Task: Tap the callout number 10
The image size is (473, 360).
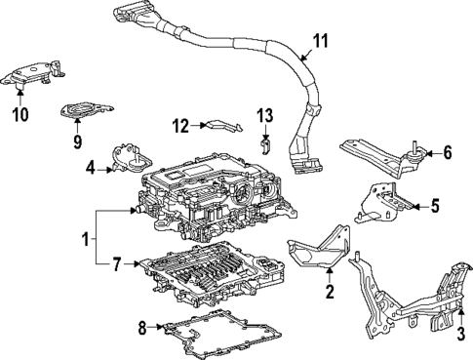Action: click(20, 114)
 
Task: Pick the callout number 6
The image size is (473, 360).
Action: click(447, 152)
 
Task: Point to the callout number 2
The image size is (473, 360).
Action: click(329, 290)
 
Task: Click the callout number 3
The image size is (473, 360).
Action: click(459, 336)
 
